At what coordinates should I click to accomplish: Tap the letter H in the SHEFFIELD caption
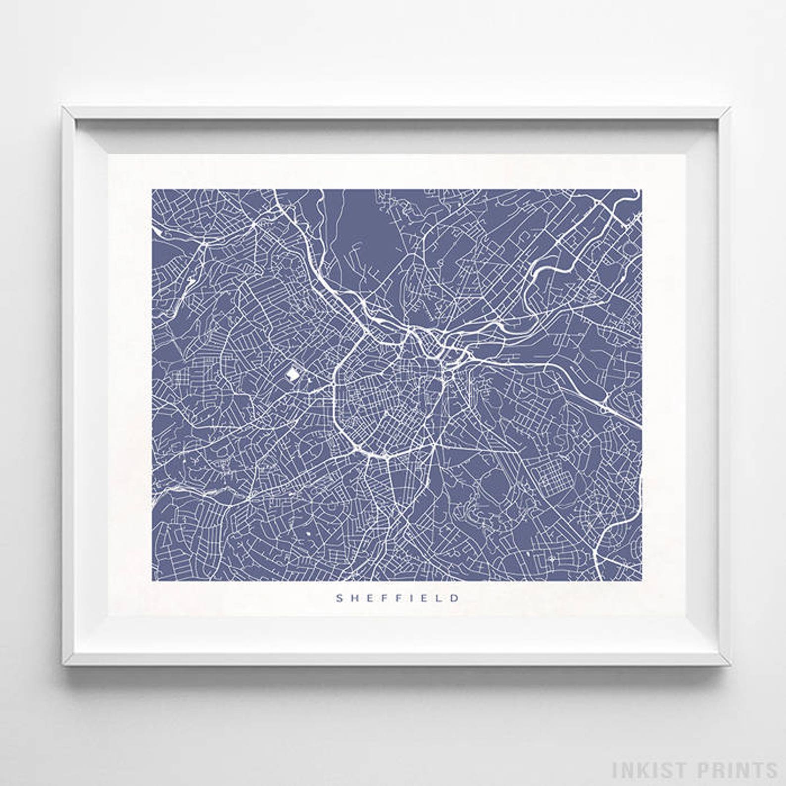[x=354, y=598]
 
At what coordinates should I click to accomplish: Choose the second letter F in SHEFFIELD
[x=397, y=598]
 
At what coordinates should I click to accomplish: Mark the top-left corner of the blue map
[x=152, y=189]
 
